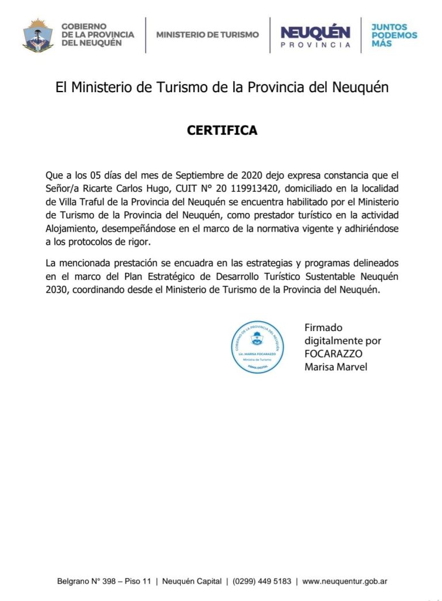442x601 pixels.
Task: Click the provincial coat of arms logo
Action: pyautogui.click(x=38, y=35)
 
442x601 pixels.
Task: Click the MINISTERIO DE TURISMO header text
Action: pyautogui.click(x=208, y=35)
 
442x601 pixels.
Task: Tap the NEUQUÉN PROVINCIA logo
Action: pyautogui.click(x=315, y=36)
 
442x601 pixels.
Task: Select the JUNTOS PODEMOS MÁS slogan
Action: pyautogui.click(x=394, y=35)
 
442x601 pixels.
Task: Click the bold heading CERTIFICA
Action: pyautogui.click(x=222, y=131)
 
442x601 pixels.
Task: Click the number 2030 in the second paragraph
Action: pyautogui.click(x=56, y=290)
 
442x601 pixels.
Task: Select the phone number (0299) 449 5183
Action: pyautogui.click(x=262, y=582)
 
